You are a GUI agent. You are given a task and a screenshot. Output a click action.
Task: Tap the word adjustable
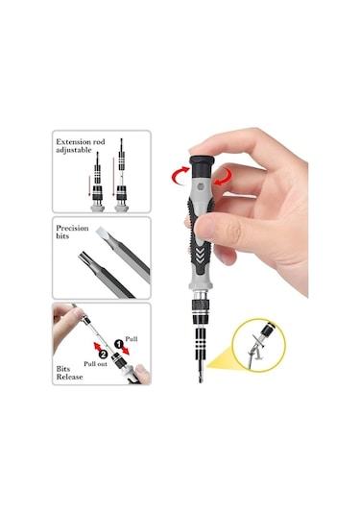point(73,150)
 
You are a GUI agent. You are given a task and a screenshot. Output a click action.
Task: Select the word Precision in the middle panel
point(72,228)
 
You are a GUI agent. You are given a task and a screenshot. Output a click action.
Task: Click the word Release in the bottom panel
point(69,377)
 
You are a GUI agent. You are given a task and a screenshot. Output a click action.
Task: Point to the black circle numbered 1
point(118,344)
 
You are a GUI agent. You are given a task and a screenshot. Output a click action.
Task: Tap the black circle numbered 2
point(103,354)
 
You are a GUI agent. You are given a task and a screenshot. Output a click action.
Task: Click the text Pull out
point(95,364)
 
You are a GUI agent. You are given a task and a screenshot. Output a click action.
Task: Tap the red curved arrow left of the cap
point(179,176)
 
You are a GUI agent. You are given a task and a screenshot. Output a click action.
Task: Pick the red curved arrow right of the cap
point(222,177)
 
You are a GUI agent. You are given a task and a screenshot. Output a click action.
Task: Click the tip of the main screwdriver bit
point(201,381)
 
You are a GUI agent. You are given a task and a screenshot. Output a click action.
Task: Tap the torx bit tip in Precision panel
point(85,257)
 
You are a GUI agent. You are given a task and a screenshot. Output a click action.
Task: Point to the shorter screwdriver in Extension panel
point(97,182)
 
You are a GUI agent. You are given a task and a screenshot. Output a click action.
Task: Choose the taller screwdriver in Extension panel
point(121,176)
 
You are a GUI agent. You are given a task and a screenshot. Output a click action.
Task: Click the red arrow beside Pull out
point(98,347)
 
